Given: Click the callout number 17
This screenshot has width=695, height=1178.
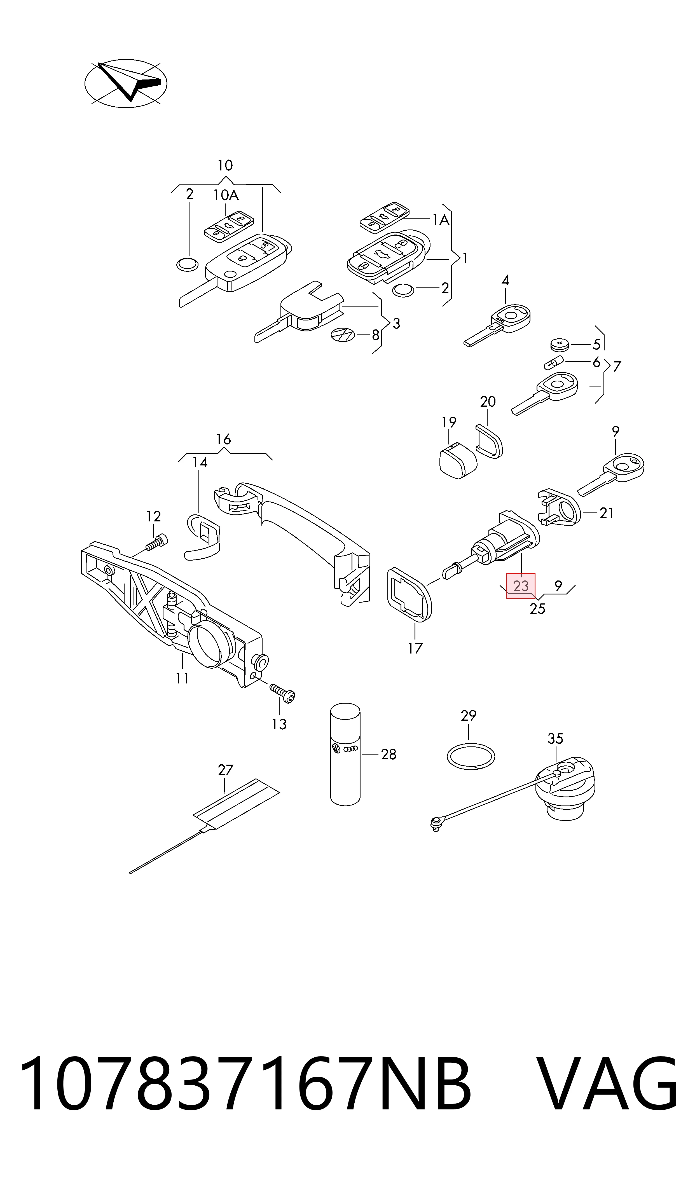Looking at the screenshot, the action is (x=415, y=648).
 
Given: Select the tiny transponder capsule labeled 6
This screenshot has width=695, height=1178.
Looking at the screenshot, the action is (x=554, y=362).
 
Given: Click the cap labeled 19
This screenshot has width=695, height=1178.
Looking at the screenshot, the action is (x=458, y=461).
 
